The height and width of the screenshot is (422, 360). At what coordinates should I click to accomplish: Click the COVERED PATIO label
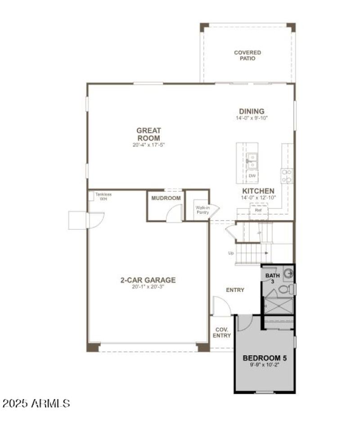[x=247, y=55]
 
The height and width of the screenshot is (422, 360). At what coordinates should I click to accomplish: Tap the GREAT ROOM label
[x=149, y=134]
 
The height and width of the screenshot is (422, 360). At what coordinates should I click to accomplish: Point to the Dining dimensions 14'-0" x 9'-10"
[x=252, y=118]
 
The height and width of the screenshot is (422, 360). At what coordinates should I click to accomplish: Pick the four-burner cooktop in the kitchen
[x=287, y=175]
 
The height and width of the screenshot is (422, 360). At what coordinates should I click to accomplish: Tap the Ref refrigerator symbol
[x=258, y=211]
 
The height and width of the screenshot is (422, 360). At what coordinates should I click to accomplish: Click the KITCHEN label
[x=258, y=191]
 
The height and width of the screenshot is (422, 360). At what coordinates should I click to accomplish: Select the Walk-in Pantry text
[x=202, y=210]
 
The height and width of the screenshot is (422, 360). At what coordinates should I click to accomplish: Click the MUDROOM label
[x=166, y=198]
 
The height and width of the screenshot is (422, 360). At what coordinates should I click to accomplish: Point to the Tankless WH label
[x=103, y=196]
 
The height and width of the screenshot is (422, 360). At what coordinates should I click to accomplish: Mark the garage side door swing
[x=95, y=220]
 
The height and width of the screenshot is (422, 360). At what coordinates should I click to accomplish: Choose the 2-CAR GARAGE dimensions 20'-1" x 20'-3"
[x=148, y=287]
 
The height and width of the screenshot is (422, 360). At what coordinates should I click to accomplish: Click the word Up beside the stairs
[x=231, y=253]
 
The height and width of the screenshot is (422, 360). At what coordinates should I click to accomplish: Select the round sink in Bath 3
[x=288, y=272]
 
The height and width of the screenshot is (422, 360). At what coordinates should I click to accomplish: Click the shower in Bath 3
[x=278, y=306]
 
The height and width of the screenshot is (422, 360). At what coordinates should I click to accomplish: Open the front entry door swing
[x=221, y=307]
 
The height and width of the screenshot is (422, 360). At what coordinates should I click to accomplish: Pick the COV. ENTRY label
[x=222, y=333]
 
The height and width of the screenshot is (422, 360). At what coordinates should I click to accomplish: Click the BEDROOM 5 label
[x=264, y=358]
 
